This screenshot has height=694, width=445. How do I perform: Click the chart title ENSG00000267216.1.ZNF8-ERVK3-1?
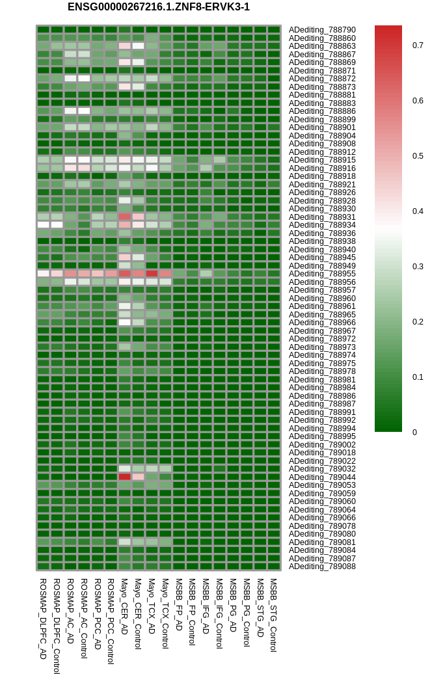click(159, 7)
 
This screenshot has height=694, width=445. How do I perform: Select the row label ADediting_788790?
click(322, 30)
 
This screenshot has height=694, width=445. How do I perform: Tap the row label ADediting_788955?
click(322, 274)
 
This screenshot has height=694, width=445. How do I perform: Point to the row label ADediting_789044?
click(322, 477)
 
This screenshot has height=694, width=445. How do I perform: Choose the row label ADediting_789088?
click(322, 567)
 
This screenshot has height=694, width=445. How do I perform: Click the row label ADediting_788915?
click(322, 160)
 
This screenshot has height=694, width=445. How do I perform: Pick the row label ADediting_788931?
click(322, 217)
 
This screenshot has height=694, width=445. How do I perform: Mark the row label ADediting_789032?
click(322, 469)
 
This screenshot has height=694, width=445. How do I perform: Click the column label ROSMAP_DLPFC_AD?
click(43, 619)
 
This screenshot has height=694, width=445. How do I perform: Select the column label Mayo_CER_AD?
click(124, 606)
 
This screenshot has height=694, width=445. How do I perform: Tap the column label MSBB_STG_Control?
click(274, 615)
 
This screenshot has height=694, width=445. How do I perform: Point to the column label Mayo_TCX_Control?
click(165, 613)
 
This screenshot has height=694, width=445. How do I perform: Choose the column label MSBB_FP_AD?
click(179, 605)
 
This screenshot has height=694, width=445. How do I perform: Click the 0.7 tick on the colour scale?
click(418, 45)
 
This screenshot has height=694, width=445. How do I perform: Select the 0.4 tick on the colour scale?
click(418, 211)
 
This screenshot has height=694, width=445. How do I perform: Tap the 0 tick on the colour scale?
click(414, 433)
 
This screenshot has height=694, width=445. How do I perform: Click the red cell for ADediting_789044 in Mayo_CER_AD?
click(124, 477)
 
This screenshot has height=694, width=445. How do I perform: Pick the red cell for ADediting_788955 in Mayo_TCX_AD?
click(152, 274)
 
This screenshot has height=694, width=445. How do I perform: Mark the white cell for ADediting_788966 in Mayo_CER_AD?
click(124, 322)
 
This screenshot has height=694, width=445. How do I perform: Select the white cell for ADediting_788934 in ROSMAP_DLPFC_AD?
click(43, 225)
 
